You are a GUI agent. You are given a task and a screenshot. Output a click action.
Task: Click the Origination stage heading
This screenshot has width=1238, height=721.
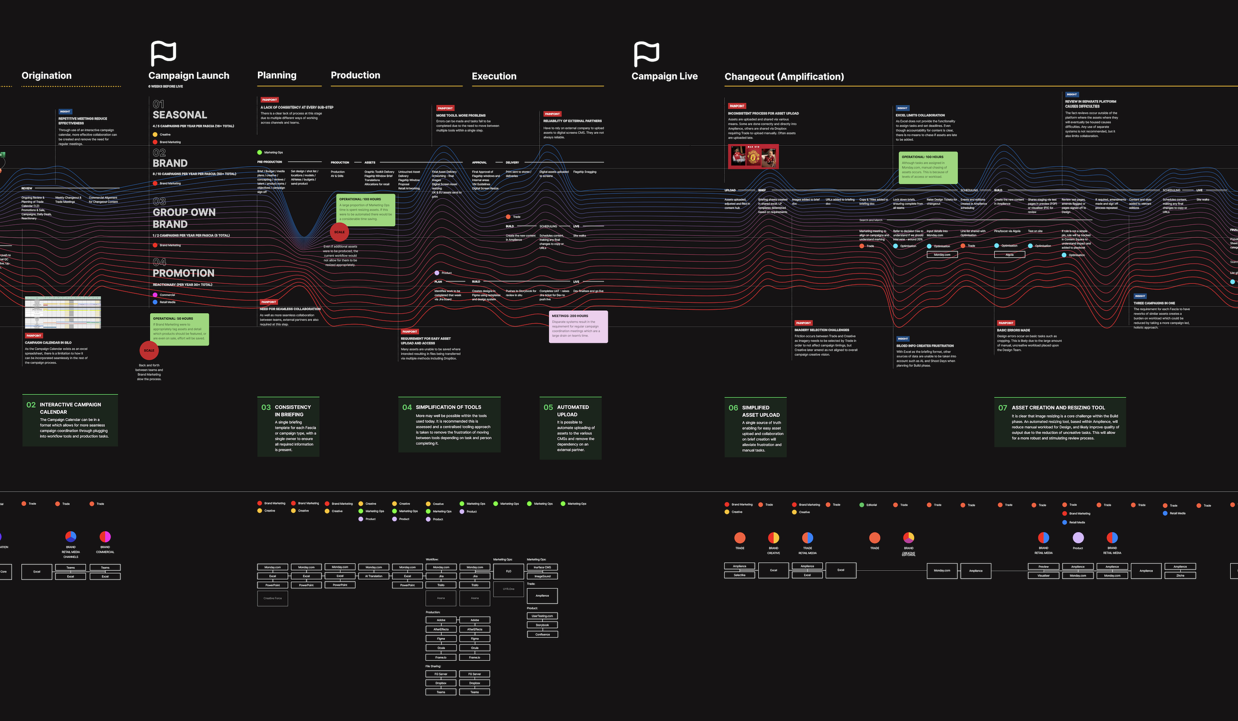point(47,76)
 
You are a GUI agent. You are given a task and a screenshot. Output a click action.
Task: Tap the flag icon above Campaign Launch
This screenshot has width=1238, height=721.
point(163,54)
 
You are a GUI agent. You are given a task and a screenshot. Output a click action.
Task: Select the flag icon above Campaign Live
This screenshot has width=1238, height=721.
point(646,54)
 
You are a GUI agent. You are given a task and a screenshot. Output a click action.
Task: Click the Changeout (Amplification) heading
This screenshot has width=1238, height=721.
point(784,77)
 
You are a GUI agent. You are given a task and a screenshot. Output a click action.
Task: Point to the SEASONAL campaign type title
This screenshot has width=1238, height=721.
point(180,115)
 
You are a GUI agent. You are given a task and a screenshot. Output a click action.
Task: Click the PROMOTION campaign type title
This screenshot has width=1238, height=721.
point(183,273)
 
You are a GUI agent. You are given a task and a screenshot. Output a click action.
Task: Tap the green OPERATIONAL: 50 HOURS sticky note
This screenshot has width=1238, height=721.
point(179,329)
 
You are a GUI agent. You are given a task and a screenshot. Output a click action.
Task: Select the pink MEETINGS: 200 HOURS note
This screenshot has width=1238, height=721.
point(578,327)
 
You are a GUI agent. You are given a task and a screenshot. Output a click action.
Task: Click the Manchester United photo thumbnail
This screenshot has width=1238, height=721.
point(753,157)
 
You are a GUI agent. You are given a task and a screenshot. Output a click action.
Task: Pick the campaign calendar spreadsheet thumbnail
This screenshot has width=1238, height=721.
point(63,312)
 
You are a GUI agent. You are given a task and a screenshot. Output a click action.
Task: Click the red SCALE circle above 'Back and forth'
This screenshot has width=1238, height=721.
point(149,350)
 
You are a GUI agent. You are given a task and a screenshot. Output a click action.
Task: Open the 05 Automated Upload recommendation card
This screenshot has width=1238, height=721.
point(570,428)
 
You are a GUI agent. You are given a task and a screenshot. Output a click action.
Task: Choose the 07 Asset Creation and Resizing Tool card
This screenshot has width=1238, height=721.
point(1060,422)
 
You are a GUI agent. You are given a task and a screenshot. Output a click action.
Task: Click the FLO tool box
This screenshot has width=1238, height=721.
point(509,571)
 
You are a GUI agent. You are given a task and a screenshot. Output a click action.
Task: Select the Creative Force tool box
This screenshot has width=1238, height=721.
point(272,598)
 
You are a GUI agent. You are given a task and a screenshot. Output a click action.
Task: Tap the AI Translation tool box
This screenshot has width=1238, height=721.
point(373,576)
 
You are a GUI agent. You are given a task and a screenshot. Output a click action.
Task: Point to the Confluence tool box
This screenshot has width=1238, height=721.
point(542,634)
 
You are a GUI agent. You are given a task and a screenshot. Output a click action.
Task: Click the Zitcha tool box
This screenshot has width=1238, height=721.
point(1180,575)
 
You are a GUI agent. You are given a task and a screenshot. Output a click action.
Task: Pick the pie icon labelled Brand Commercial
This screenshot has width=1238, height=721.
point(105,537)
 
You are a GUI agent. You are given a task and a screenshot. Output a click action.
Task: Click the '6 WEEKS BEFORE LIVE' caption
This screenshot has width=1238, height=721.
point(165,87)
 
